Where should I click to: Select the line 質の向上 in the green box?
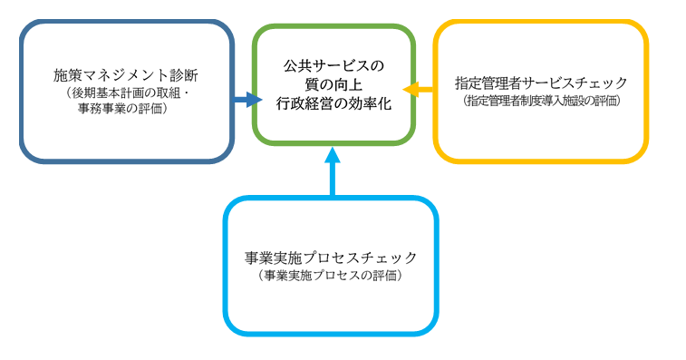(x=333, y=84)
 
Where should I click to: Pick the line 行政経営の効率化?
(x=333, y=104)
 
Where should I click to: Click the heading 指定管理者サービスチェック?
(x=541, y=83)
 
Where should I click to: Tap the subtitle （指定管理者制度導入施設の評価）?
(x=541, y=101)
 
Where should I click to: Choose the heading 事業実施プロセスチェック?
(x=332, y=256)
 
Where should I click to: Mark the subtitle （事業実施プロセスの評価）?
(x=332, y=274)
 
